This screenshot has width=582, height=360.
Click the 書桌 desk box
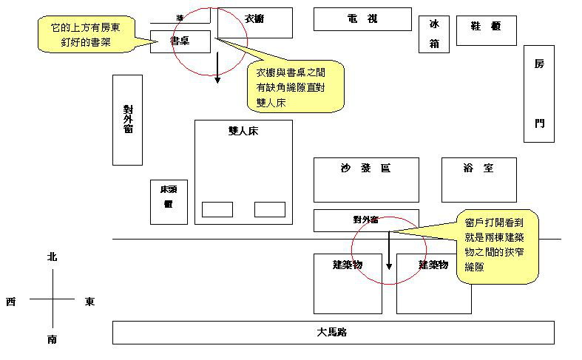tap(180, 42)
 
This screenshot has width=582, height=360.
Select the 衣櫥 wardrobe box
tap(255, 23)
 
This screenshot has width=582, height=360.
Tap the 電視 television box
tap(362, 19)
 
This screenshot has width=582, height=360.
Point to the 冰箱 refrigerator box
tap(434, 34)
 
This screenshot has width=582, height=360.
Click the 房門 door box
tap(538, 93)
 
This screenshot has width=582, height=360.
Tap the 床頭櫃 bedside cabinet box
tap(169, 202)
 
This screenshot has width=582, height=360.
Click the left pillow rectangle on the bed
tap(217, 209)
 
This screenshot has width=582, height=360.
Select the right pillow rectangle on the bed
tap(269, 209)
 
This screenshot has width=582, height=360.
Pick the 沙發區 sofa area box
tap(365, 180)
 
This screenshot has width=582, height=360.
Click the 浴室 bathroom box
tap(478, 180)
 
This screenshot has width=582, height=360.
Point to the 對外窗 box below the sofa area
tap(365, 220)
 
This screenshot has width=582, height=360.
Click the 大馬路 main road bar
tap(333, 333)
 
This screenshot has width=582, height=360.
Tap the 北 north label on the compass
tap(52, 257)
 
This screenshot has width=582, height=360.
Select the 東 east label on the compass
tap(89, 301)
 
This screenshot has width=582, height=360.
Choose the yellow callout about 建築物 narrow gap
tap(496, 245)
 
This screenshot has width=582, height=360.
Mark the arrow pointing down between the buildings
tap(389, 251)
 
